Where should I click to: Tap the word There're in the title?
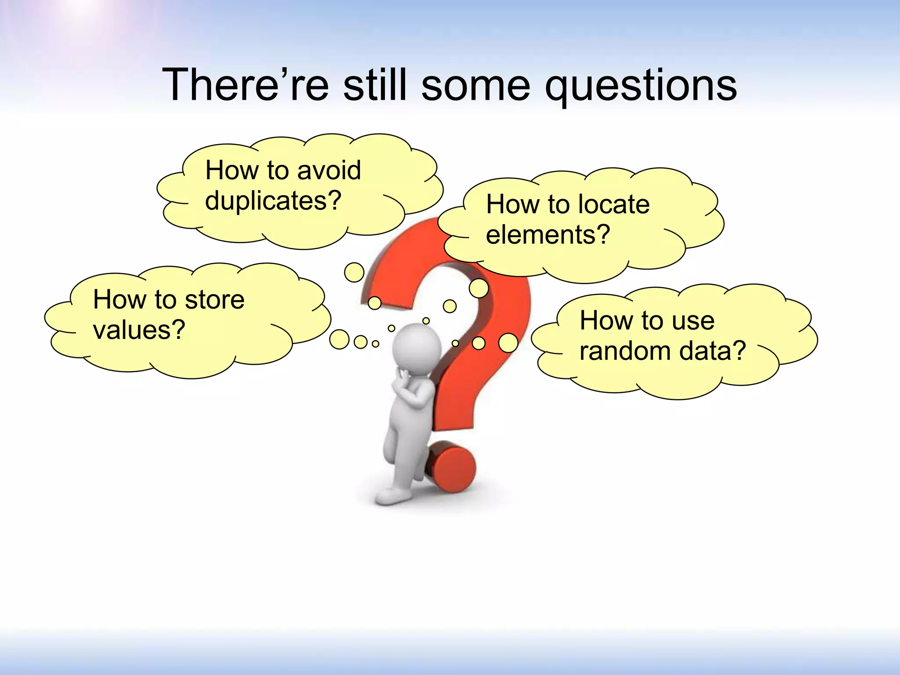(x=245, y=84)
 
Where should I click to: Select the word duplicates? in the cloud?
(x=273, y=201)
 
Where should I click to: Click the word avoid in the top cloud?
(x=329, y=170)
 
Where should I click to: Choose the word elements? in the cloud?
(x=548, y=235)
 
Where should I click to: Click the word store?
(x=214, y=300)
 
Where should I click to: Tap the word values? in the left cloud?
(x=139, y=330)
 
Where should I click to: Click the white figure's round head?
(x=416, y=347)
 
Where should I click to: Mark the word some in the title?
(x=475, y=86)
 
